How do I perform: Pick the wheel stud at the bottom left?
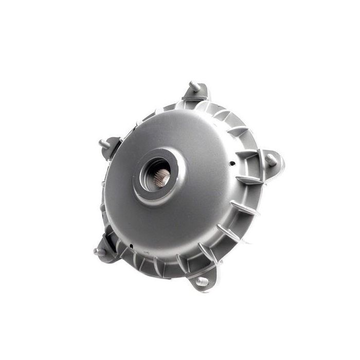[99, 251]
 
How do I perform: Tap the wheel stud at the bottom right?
[202, 281]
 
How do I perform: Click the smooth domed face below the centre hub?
[170, 226]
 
